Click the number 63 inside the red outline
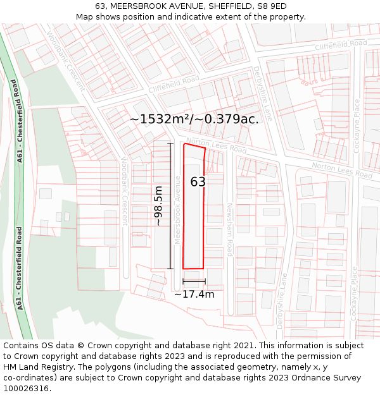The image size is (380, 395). pos(198,182)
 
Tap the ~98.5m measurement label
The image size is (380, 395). pos(158,206)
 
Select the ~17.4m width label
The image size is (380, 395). pos(194,294)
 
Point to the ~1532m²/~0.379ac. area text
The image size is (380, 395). pos(194,119)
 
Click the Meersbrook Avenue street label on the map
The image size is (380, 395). pos(179,218)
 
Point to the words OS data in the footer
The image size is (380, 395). pos(55,346)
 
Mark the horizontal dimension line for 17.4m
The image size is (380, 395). pos(194,281)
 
